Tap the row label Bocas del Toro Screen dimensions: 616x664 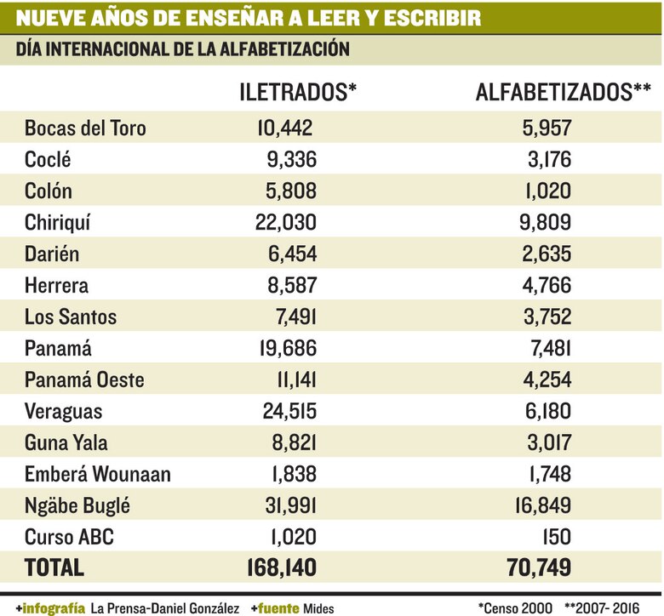(x=85, y=128)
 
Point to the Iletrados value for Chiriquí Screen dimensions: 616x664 (x=285, y=222)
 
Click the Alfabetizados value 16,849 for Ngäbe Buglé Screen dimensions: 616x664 (x=541, y=505)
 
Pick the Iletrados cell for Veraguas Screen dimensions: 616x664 (x=285, y=411)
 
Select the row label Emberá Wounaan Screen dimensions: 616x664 (x=98, y=474)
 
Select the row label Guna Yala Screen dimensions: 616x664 (x=66, y=442)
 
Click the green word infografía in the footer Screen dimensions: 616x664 (x=54, y=607)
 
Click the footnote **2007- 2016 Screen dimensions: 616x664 (x=609, y=607)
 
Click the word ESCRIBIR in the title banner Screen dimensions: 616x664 (x=433, y=17)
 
